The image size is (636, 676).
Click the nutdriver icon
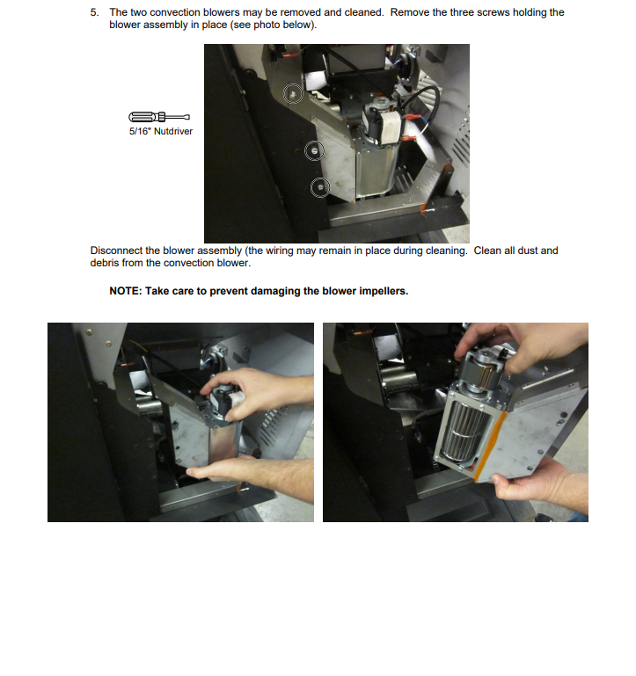click(x=159, y=117)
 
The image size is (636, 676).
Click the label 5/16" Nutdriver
click(x=160, y=131)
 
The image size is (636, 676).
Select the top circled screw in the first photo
click(x=293, y=93)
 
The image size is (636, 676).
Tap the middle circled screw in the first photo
click(x=314, y=150)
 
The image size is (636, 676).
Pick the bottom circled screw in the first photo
click(x=319, y=187)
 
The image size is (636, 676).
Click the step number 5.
click(x=94, y=12)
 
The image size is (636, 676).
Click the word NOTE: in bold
click(x=126, y=291)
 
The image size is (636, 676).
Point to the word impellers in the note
click(x=384, y=292)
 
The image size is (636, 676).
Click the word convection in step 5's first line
click(x=177, y=12)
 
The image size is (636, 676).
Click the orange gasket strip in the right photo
click(x=490, y=447)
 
